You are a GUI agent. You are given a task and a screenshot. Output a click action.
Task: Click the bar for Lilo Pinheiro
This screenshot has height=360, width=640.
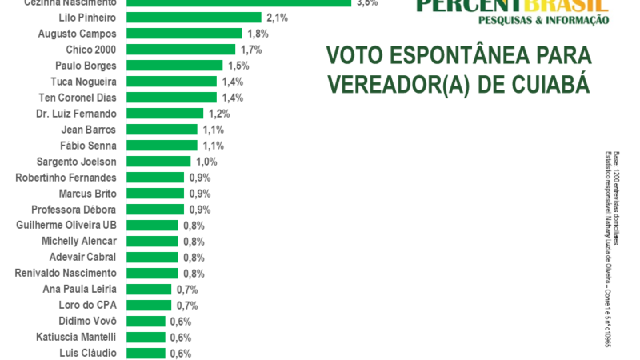pyautogui.click(x=194, y=18)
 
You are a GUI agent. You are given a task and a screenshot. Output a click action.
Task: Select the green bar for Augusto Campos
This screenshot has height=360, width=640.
pyautogui.click(x=184, y=34)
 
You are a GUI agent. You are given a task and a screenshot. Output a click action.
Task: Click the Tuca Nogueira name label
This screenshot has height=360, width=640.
pyautogui.click(x=82, y=82)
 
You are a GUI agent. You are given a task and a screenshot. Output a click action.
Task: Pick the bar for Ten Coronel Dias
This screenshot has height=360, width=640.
pyautogui.click(x=171, y=98)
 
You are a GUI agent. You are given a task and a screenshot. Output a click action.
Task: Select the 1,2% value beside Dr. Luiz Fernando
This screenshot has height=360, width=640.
pyautogui.click(x=220, y=114)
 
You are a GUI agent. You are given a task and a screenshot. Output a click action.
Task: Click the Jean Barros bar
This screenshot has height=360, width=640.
pyautogui.click(x=162, y=130)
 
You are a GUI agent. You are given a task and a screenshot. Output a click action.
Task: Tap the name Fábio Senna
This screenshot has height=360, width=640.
pyautogui.click(x=88, y=146)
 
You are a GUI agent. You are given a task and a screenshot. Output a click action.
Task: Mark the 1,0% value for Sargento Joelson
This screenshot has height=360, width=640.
pyautogui.click(x=206, y=162)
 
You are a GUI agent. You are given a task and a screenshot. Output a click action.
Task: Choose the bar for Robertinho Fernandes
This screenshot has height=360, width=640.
pyautogui.click(x=155, y=178)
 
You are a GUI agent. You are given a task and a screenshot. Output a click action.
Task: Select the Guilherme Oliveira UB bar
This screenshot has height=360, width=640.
pyautogui.click(x=152, y=226)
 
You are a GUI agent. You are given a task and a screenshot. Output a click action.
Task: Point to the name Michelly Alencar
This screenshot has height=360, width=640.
pyautogui.click(x=78, y=242)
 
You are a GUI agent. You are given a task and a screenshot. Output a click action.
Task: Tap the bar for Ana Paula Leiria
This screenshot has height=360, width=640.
pyautogui.click(x=149, y=290)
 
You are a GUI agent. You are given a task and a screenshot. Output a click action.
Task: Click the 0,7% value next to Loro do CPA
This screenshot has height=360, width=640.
pyautogui.click(x=187, y=306)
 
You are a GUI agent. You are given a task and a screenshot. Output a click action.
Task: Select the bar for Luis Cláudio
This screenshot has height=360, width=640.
pyautogui.click(x=146, y=354)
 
